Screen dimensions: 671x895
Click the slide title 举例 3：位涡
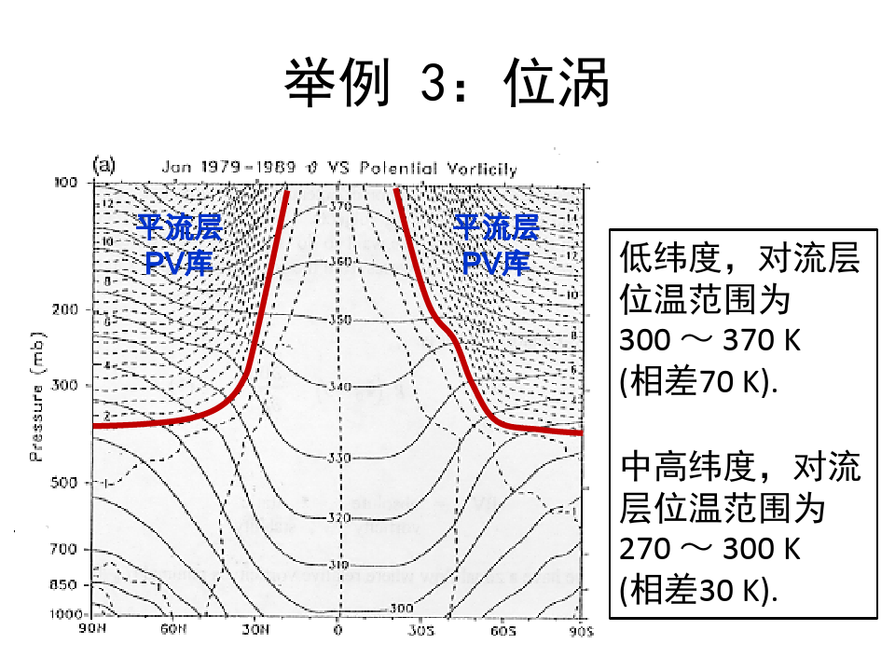tap(447, 85)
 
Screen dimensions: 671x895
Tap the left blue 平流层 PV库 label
tap(180, 244)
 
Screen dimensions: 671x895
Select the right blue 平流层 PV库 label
tap(496, 244)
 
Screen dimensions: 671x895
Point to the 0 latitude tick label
tap(338, 631)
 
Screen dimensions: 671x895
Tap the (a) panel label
tap(104, 165)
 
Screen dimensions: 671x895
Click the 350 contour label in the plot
tap(340, 321)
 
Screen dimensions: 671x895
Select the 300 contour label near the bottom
tap(402, 608)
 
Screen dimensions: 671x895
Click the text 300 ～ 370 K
tap(709, 340)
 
